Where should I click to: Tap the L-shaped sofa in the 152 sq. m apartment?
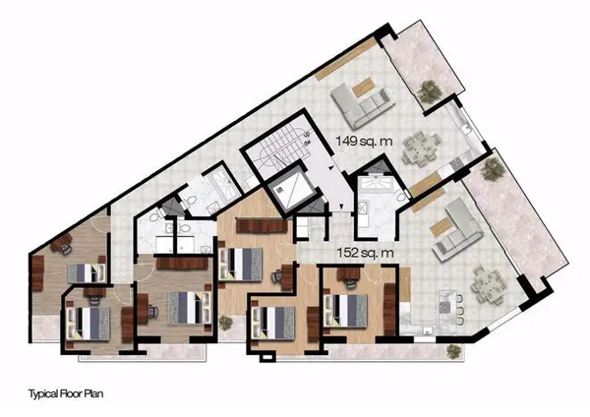(454, 226)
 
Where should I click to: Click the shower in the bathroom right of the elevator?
(375, 187)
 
